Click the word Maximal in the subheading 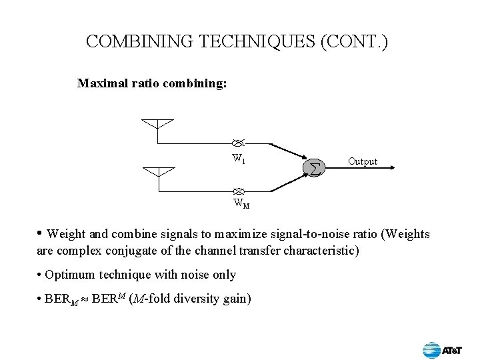[101, 84]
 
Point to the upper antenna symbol [157, 125]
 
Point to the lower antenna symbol [157, 171]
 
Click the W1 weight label [238, 159]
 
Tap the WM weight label [241, 204]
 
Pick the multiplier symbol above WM [240, 191]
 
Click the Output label [363, 161]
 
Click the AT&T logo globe [432, 349]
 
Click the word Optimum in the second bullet [70, 275]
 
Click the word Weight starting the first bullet [67, 234]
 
